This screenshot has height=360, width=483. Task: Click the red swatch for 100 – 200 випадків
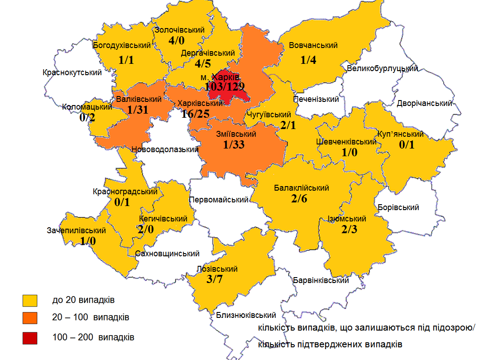click(x=30, y=337)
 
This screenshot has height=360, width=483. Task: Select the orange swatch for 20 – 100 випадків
click(x=30, y=317)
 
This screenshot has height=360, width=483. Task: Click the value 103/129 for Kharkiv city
click(x=225, y=86)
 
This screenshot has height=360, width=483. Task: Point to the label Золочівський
click(x=180, y=30)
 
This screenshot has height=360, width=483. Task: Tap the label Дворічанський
click(x=424, y=103)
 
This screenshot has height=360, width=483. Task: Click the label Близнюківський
click(x=246, y=315)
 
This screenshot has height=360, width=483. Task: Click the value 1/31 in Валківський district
click(x=138, y=109)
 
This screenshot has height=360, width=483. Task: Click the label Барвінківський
click(x=320, y=280)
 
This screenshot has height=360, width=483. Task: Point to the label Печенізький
click(x=316, y=99)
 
